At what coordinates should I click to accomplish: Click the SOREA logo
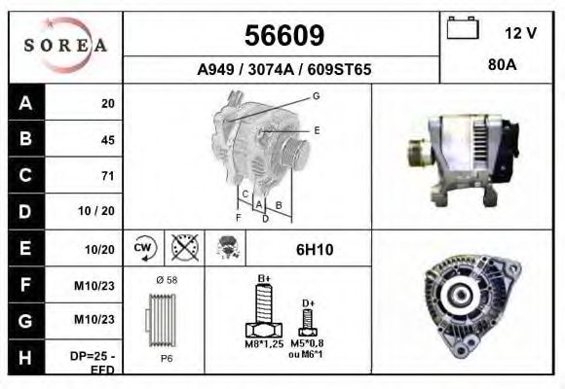tap(64, 46)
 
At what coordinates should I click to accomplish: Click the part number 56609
tap(282, 36)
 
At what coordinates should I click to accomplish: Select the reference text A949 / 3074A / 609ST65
tap(282, 70)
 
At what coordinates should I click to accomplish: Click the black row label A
tap(23, 103)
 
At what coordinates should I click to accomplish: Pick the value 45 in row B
tap(107, 140)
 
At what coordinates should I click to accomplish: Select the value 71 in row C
tap(107, 176)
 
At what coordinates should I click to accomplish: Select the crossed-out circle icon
tap(182, 248)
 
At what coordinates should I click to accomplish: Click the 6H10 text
tap(314, 249)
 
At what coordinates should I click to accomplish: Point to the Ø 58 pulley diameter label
tap(166, 280)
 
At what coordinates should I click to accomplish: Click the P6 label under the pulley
tap(166, 359)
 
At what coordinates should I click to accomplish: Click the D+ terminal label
tap(308, 303)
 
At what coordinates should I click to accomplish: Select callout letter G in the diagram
tap(316, 96)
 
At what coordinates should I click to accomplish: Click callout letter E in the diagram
tap(316, 129)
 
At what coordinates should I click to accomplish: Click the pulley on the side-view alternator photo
tap(416, 154)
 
